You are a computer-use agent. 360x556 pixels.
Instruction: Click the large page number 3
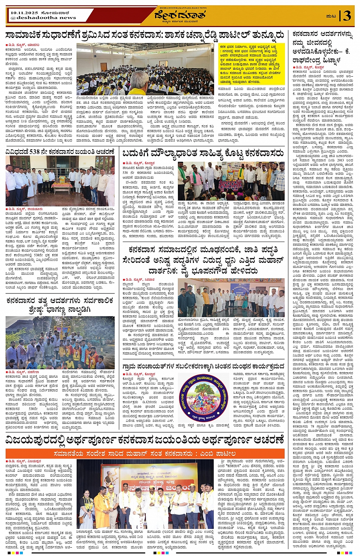(x=347, y=16)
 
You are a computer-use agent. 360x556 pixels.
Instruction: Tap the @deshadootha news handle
(x=43, y=18)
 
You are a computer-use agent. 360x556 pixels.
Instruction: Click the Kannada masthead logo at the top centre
(x=180, y=15)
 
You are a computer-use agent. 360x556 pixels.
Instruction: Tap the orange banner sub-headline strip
(x=145, y=453)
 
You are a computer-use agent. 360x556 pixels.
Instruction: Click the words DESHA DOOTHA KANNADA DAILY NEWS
(x=180, y=7)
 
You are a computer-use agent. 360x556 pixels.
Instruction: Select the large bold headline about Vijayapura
(x=145, y=441)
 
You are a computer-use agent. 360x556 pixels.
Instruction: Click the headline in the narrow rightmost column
(x=322, y=46)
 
